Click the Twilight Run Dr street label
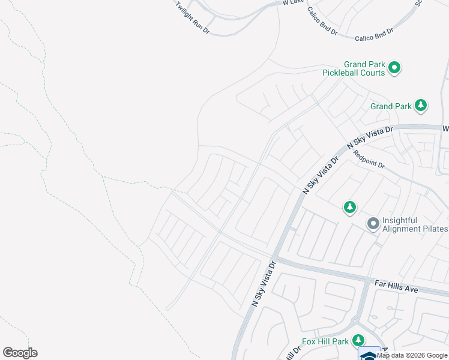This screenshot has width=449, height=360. (x=192, y=17)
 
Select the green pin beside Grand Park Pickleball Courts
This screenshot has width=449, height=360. (x=394, y=68)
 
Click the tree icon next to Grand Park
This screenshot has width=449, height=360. (x=421, y=106)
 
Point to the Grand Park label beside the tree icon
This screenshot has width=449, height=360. (x=391, y=106)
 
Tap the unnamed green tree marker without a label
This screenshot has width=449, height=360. (x=350, y=208)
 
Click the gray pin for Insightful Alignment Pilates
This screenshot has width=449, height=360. (x=373, y=224)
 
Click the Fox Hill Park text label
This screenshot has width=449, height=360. (x=325, y=342)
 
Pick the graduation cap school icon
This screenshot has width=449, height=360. (x=369, y=355)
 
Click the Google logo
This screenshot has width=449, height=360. (x=20, y=353)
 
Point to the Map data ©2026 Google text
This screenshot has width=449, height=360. (x=412, y=355)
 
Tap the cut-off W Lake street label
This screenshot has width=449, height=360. (x=294, y=3)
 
